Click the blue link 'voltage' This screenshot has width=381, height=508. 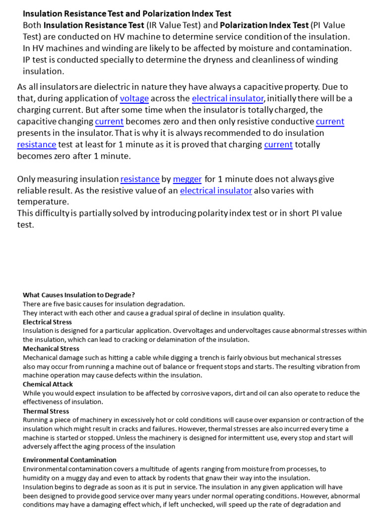(x=134, y=99)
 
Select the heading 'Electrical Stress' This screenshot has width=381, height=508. (x=47, y=322)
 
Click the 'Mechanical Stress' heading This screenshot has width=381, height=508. (x=51, y=349)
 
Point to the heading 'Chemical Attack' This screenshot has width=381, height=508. (x=48, y=384)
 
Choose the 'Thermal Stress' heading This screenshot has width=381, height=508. (x=46, y=411)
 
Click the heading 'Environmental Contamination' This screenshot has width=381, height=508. (x=69, y=460)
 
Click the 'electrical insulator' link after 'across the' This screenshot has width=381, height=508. (x=228, y=99)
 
